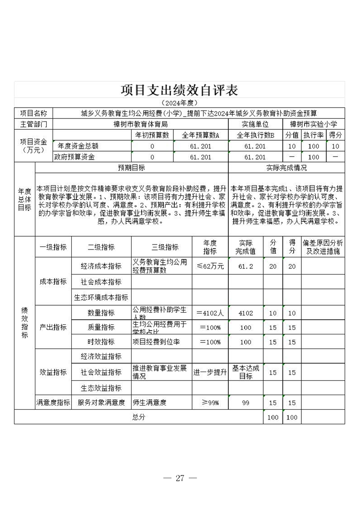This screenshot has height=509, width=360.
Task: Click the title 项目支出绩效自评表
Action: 179,90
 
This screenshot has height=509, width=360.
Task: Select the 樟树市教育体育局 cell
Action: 141,124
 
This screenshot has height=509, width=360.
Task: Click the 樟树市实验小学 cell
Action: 313,124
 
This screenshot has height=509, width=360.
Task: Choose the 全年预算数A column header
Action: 200,135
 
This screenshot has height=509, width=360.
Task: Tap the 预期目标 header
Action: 132,168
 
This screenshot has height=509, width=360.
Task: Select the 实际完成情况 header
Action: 286,168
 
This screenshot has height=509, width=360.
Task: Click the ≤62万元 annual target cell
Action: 210,266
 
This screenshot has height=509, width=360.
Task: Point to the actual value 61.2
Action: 246,266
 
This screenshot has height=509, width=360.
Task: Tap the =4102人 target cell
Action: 210,313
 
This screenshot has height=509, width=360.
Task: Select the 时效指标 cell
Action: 101,342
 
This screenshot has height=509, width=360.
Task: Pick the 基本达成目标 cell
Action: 246,372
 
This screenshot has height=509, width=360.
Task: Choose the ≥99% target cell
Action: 210,402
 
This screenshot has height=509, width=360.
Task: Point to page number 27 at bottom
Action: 180,478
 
